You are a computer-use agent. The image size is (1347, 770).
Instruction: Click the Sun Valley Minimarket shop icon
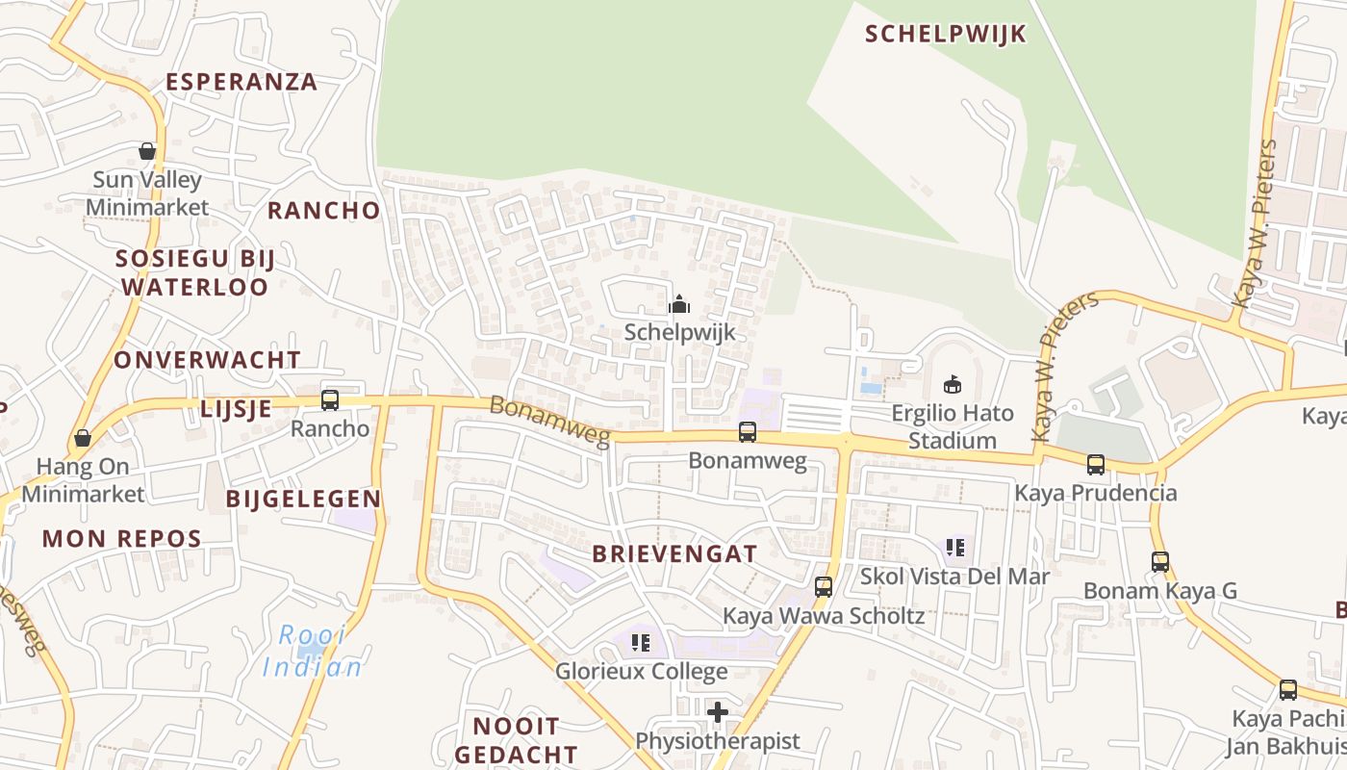(x=147, y=151)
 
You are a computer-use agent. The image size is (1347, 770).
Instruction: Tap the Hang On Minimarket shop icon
(x=83, y=438)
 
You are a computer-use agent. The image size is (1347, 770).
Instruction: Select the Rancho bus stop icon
(x=330, y=399)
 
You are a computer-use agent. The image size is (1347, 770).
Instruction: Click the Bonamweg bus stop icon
(x=748, y=432)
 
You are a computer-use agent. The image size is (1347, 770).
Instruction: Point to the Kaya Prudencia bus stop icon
(x=1096, y=465)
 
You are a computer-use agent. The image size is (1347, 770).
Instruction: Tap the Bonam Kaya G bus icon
(x=1160, y=561)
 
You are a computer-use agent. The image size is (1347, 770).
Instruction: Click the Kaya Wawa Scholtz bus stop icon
(x=824, y=586)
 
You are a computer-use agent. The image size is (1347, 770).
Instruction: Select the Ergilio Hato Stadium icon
(x=953, y=385)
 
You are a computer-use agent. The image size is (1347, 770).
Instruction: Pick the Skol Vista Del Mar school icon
(x=955, y=548)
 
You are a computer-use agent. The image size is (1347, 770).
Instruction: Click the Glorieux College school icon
(x=641, y=642)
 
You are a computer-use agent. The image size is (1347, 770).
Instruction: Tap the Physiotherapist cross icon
(x=718, y=712)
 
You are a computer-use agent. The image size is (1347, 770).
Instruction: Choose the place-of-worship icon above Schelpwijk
(x=679, y=304)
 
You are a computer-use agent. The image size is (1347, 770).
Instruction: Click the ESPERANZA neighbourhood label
(x=241, y=82)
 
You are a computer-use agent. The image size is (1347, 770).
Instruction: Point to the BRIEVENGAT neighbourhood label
(x=674, y=553)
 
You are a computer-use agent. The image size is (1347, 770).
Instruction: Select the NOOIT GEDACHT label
(x=516, y=739)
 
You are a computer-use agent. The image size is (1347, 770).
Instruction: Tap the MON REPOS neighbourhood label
(x=121, y=538)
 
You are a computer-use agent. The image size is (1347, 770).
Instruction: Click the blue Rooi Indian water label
(x=314, y=651)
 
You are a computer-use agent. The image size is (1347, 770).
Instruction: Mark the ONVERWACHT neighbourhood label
(x=207, y=360)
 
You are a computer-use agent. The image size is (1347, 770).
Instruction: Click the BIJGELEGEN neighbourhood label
(x=303, y=499)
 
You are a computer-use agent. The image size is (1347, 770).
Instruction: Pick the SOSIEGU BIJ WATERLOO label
(x=195, y=272)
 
